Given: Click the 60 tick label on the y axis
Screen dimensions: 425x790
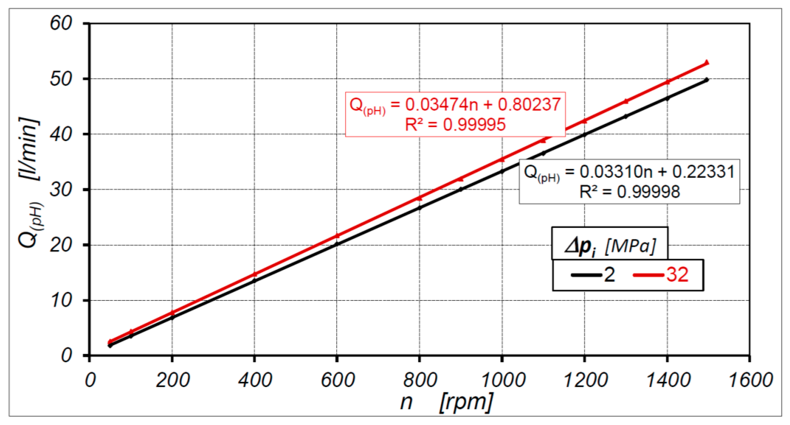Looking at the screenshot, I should point(61,23).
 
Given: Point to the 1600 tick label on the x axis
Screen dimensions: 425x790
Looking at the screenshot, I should point(750,380).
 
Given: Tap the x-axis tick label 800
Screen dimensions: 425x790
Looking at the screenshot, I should point(420,380).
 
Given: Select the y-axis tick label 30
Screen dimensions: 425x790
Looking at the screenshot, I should point(61,190).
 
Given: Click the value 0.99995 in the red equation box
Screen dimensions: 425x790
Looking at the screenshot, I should point(474,124).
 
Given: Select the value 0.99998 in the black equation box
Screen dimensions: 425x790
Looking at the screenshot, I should point(648,192).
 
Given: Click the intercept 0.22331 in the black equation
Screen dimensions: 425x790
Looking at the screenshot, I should point(703,172).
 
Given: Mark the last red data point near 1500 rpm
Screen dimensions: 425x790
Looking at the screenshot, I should point(706,62).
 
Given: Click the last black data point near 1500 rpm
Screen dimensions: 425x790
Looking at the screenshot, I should point(706,80).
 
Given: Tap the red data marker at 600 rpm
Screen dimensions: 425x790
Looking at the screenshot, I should point(337,236).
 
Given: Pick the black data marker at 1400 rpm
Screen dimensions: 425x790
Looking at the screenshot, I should point(667,98).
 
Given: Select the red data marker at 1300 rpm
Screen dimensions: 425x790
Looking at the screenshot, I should point(626,101).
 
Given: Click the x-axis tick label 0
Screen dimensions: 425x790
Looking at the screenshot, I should point(90,380).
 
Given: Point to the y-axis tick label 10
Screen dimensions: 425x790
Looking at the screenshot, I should point(61,300).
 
